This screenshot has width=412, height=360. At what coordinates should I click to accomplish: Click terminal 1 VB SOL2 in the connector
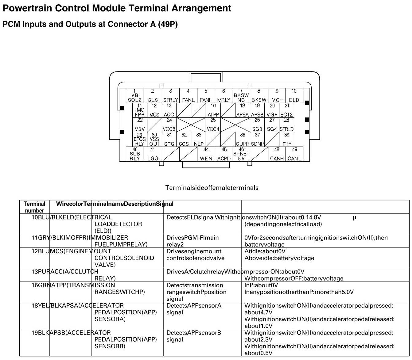[x=134, y=95]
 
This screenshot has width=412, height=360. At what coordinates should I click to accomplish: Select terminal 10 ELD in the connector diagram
[x=294, y=95]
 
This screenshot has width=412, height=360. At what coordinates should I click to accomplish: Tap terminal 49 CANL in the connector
[x=294, y=154]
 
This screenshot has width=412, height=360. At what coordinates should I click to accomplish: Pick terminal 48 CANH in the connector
[x=277, y=154]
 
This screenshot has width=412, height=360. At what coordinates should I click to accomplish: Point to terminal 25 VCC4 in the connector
[x=213, y=125]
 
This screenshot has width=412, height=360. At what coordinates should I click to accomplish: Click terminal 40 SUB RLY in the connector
[x=135, y=154]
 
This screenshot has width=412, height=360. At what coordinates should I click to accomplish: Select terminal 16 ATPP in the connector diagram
[x=213, y=110]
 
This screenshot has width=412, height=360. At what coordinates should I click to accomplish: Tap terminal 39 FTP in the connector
[x=287, y=140]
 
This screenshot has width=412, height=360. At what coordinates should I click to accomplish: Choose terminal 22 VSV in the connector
[x=140, y=125]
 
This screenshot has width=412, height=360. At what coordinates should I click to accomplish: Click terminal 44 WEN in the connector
[x=206, y=154]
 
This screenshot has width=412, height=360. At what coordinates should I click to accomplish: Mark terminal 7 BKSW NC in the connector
[x=241, y=95]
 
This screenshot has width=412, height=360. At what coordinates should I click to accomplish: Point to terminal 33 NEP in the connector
[x=199, y=140]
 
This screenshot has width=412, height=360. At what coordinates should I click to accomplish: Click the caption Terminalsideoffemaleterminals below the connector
[x=212, y=188]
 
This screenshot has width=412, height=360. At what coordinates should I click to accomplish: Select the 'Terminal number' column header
[x=34, y=207]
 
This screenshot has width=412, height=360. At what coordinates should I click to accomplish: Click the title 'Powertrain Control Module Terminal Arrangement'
[x=117, y=8]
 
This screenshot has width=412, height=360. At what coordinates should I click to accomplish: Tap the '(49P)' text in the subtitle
[x=168, y=24]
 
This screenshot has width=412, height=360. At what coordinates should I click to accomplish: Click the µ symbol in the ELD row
[x=355, y=217]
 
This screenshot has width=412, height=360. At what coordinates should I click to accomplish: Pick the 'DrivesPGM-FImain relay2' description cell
[x=192, y=241]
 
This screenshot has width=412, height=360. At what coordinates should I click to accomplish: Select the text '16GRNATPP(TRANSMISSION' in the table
[x=73, y=285]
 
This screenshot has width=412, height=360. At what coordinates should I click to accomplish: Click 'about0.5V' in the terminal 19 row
[x=258, y=353]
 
